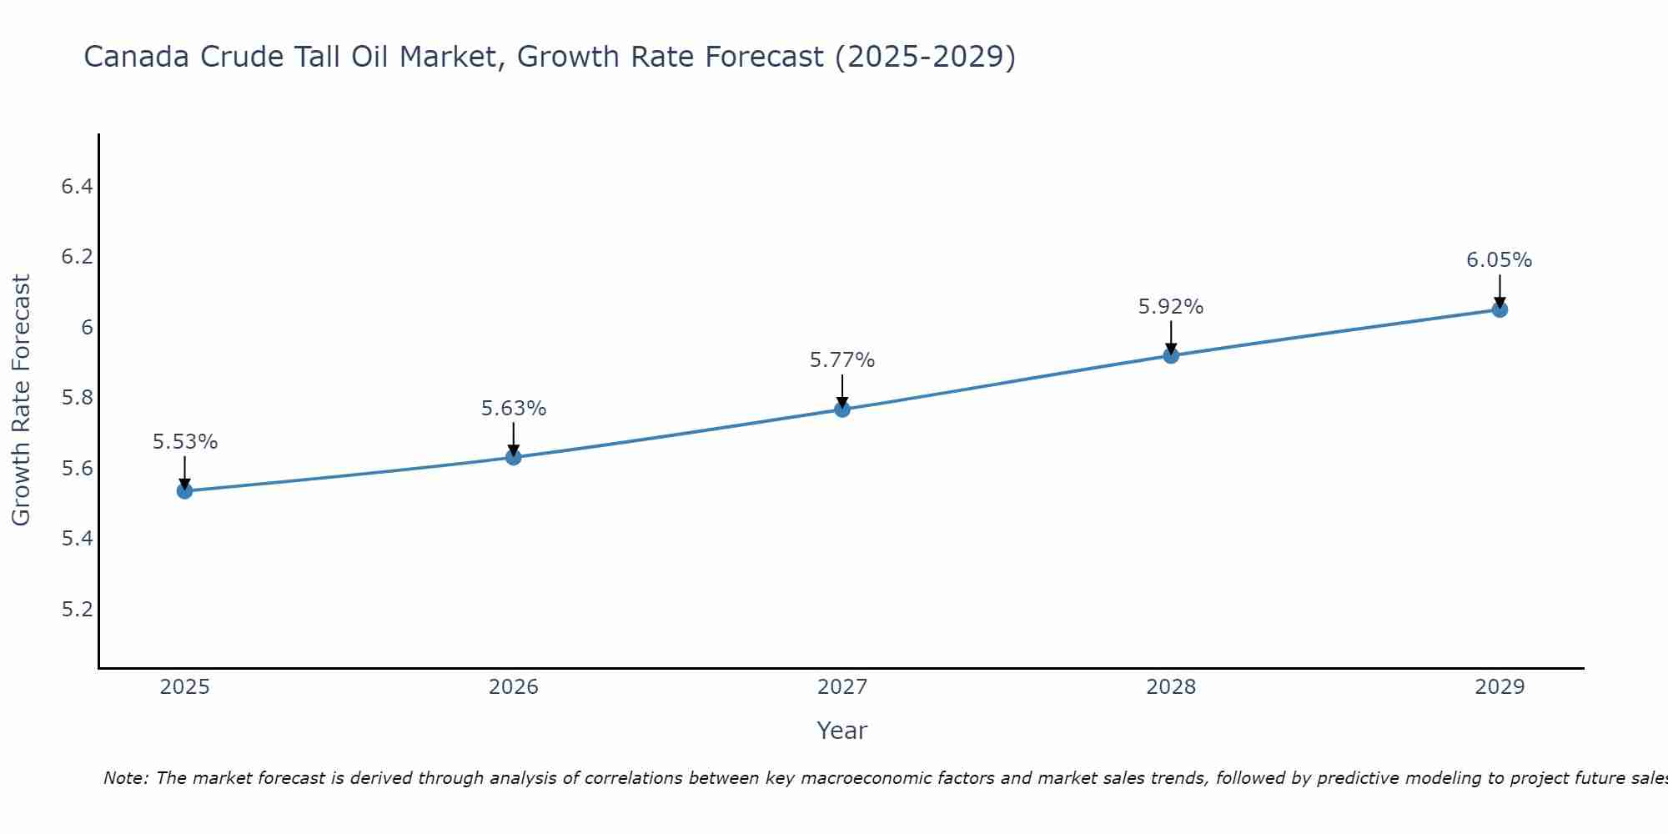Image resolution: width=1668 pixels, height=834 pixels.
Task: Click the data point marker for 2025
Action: tap(185, 491)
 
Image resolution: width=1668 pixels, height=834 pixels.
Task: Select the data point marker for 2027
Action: tap(842, 409)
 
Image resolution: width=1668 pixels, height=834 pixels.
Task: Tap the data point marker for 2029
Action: tap(1500, 310)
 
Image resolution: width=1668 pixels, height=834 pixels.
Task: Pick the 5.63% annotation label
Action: tap(514, 409)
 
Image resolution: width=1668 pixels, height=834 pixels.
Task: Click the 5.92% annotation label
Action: tap(1171, 307)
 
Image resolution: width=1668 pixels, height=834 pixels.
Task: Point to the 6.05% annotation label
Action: tap(1500, 260)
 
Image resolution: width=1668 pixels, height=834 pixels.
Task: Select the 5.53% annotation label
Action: tap(185, 442)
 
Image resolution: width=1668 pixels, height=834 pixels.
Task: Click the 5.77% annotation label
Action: tap(842, 360)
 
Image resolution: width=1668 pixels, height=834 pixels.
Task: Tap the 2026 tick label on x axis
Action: tap(514, 687)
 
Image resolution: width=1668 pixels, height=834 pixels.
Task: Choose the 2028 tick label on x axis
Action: tap(1171, 687)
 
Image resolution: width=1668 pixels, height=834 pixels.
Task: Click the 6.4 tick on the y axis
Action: tap(77, 186)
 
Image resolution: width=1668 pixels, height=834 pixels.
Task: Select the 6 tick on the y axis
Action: tap(87, 327)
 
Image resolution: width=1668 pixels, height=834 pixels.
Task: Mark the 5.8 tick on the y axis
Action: tap(77, 398)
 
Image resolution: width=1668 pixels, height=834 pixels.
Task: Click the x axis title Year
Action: tap(842, 731)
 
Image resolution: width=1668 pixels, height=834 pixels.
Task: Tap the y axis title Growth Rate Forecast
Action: tap(21, 400)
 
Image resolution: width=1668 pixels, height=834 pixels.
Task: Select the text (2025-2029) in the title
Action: tap(925, 57)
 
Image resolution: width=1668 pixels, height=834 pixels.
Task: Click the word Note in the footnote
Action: tap(124, 778)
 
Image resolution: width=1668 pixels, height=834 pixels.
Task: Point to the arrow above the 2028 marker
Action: tap(1171, 337)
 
